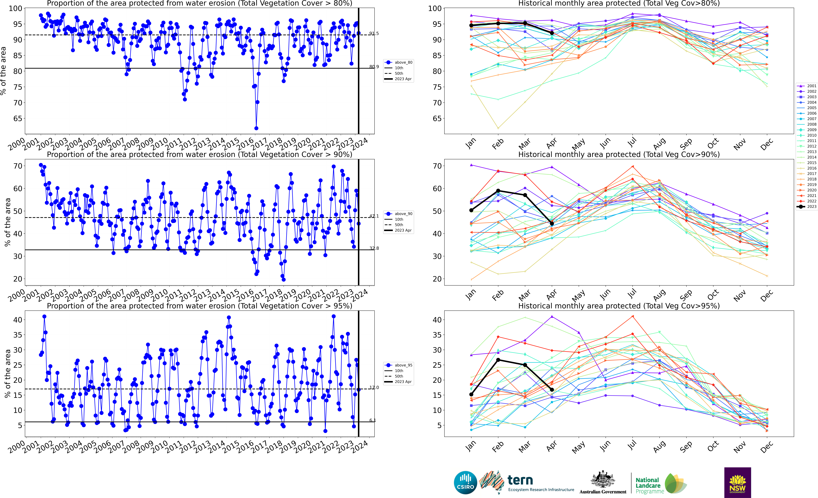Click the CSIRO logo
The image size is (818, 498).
click(465, 482)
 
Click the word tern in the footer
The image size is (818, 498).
click(520, 480)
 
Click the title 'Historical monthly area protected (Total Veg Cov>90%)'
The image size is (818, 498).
click(619, 154)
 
